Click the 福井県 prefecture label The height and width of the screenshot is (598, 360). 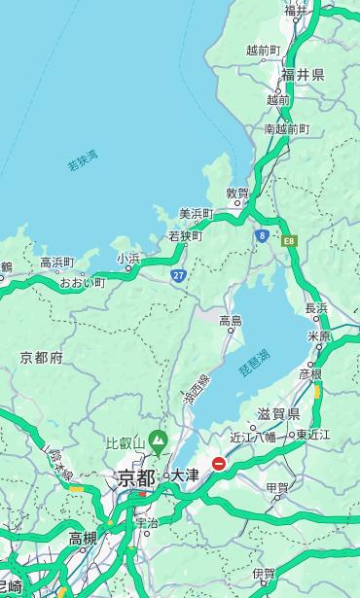304,75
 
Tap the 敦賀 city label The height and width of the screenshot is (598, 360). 237,193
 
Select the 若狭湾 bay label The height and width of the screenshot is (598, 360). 83,161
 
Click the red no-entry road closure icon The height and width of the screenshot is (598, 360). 219,464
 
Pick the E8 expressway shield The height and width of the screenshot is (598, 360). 289,240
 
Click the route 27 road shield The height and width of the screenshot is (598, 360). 178,275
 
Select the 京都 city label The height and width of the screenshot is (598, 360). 136,477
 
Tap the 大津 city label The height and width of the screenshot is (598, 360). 185,475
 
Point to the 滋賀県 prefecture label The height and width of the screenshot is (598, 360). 278,414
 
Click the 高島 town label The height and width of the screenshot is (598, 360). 231,321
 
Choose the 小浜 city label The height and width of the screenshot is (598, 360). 128,258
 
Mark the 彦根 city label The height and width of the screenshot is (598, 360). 309,373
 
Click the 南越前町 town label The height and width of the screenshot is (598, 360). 286,128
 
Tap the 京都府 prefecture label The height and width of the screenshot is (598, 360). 42,358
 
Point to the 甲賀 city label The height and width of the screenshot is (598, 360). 277,488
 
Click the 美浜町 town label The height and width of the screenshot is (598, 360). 196,214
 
